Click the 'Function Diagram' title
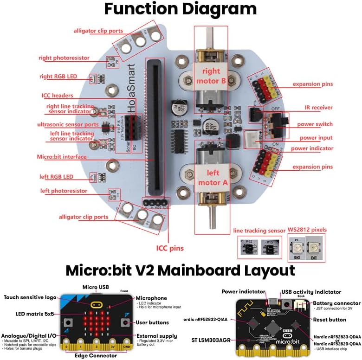point(180,9)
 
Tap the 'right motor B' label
point(211,76)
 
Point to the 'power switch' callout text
point(316,124)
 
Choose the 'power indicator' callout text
point(312,148)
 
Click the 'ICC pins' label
point(170,248)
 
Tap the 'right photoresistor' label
point(64,58)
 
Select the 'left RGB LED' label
point(56,177)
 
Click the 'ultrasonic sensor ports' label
point(68,125)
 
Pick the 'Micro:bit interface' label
point(62,157)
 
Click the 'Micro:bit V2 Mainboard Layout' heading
point(180,270)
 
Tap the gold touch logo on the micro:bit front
point(97,305)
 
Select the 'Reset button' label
point(330,320)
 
